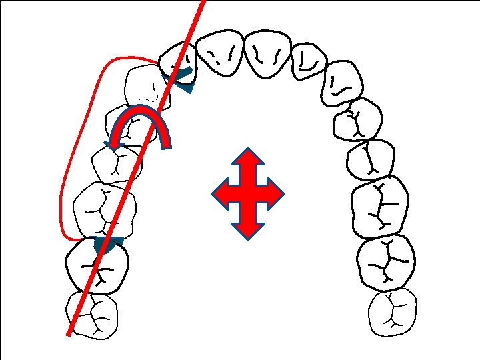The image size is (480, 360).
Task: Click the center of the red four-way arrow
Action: point(247,194)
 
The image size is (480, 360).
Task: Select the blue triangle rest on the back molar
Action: point(108,245)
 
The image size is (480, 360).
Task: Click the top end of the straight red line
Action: point(202,2)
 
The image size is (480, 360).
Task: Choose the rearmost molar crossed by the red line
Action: point(91,314)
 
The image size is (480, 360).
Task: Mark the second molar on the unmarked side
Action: point(385,261)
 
